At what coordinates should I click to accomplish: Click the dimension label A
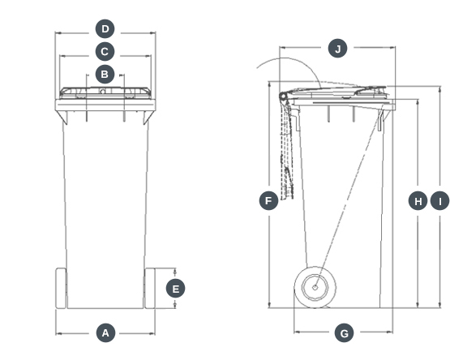(x=105, y=332)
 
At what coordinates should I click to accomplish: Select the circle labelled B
(x=105, y=75)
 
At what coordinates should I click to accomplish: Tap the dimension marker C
(x=105, y=53)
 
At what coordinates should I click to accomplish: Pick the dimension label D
(x=105, y=29)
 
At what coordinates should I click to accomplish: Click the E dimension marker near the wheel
(x=175, y=288)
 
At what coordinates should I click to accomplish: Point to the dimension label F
(x=268, y=200)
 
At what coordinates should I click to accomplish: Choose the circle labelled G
(x=344, y=332)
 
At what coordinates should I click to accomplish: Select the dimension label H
(x=418, y=200)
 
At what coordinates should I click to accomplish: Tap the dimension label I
(x=439, y=200)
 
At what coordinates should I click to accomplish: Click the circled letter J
(x=337, y=49)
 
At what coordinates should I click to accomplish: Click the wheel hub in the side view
(x=315, y=285)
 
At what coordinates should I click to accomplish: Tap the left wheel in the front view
(x=61, y=288)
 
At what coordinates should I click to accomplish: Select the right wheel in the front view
(x=150, y=288)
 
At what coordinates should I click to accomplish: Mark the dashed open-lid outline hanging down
(x=286, y=154)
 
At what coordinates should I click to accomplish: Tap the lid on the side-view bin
(x=341, y=92)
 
